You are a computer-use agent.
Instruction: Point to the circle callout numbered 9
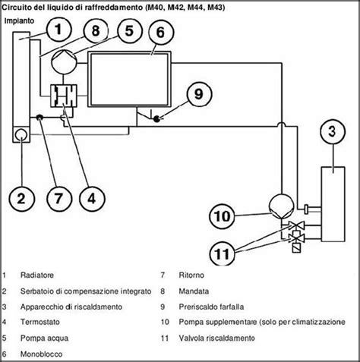tap(197, 94)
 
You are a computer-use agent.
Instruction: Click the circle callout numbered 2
tap(22, 200)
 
